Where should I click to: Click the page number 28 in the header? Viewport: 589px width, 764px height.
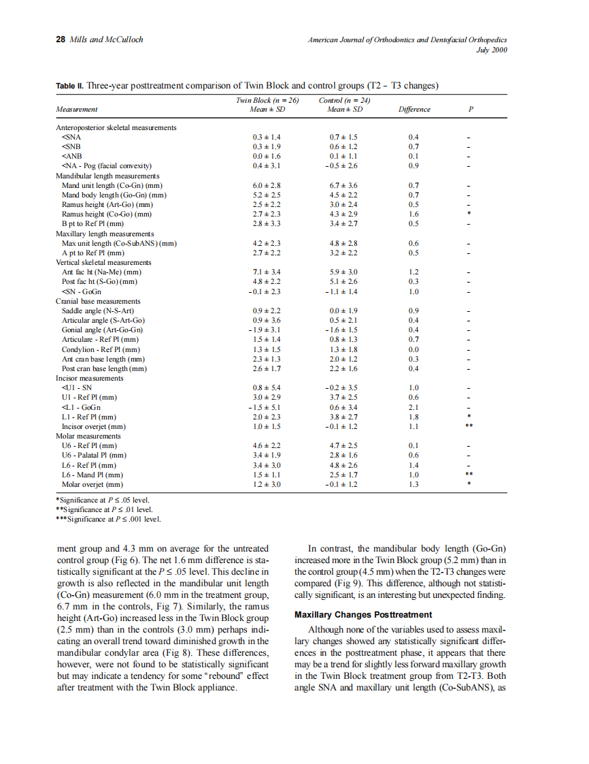click(59, 39)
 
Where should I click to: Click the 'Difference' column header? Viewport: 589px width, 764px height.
click(414, 109)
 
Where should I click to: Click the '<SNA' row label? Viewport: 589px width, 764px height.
click(71, 137)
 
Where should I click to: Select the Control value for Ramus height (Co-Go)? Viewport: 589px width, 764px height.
click(342, 214)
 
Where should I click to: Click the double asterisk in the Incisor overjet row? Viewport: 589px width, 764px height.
click(469, 426)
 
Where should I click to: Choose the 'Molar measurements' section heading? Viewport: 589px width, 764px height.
click(88, 436)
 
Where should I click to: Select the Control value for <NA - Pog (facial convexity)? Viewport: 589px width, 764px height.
click(342, 165)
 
